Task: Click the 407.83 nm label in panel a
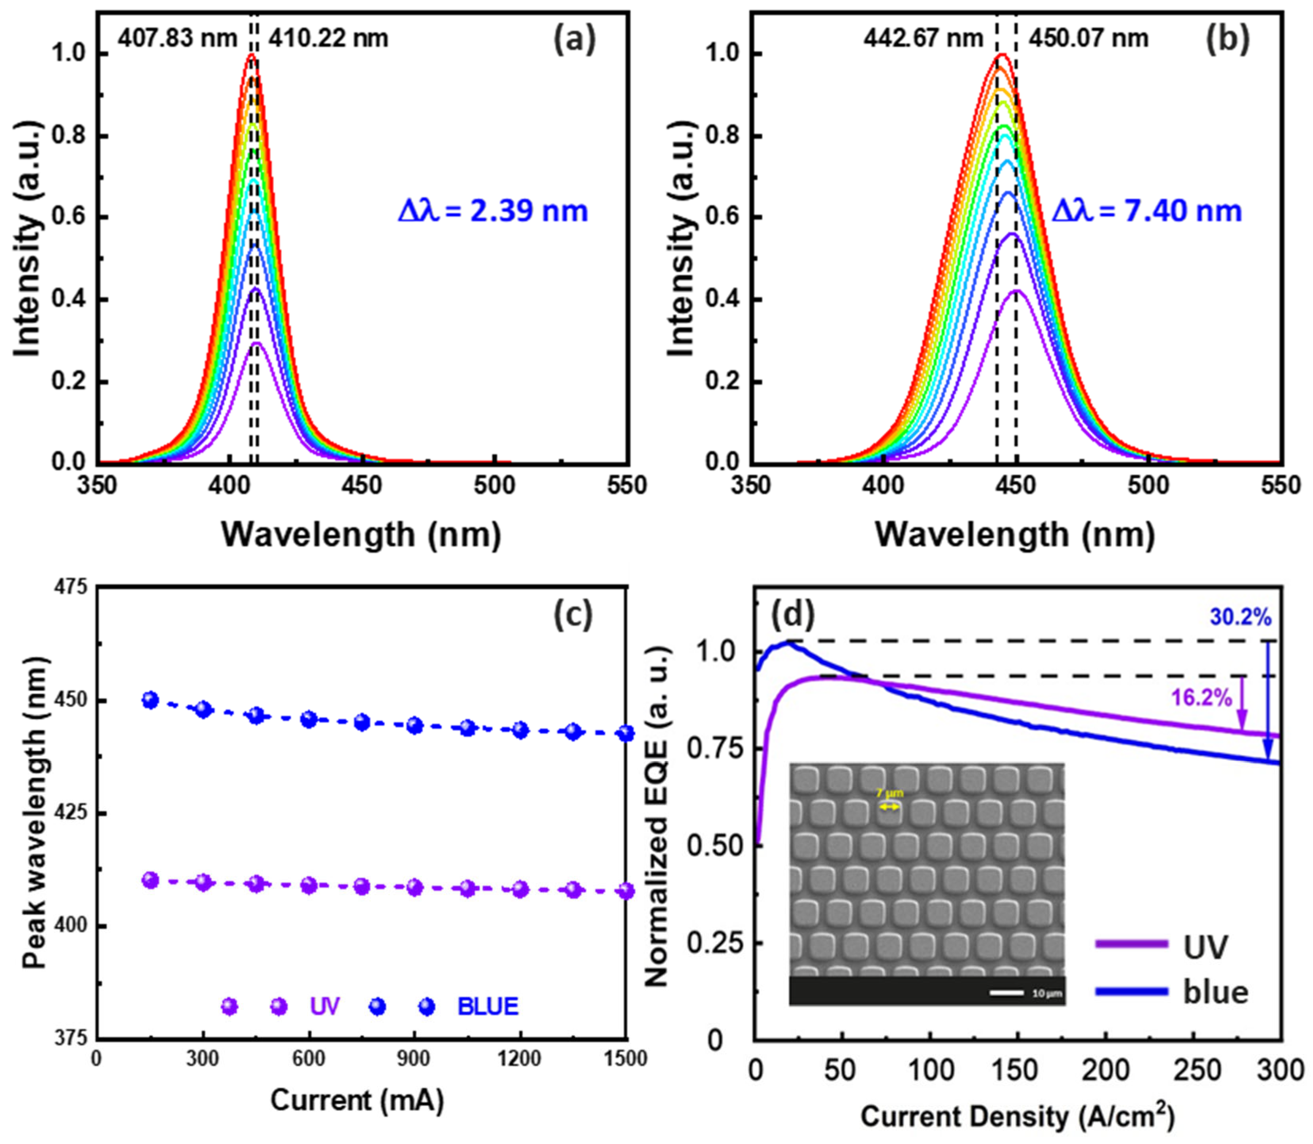click(177, 38)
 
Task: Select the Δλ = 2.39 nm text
click(492, 211)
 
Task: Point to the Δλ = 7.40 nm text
click(1146, 211)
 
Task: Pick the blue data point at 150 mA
click(150, 700)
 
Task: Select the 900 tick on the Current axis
click(414, 1058)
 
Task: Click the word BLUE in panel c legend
click(488, 1007)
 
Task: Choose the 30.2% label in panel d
click(1240, 617)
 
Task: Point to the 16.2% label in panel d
click(1201, 698)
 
